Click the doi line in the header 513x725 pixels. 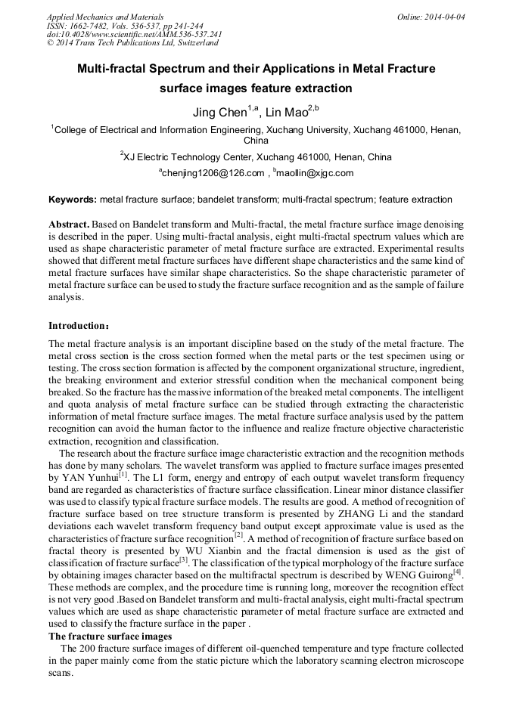(x=134, y=34)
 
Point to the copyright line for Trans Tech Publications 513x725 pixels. (x=132, y=43)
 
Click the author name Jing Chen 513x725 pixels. (x=220, y=113)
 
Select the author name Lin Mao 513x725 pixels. (x=286, y=113)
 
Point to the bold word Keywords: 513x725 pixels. (x=73, y=200)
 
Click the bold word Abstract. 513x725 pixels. (x=70, y=225)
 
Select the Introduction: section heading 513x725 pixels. (x=79, y=326)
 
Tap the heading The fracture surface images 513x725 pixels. (x=110, y=637)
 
